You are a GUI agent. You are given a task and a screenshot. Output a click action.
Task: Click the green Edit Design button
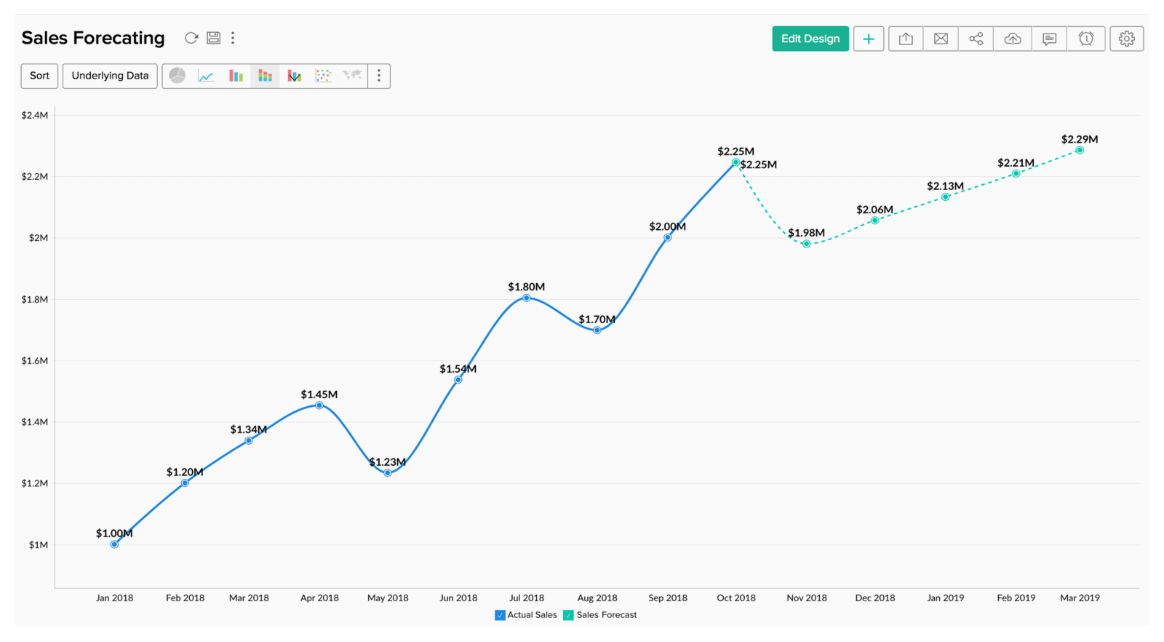[x=810, y=39]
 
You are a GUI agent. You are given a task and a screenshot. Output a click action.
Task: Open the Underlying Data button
[x=110, y=76]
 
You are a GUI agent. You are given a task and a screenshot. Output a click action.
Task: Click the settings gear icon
[x=1126, y=39]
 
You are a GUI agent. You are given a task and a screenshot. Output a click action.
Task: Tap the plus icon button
[x=869, y=39]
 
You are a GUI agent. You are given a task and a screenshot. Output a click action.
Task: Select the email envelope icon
[x=941, y=39]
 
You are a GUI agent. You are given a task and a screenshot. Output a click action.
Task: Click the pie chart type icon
[x=178, y=76]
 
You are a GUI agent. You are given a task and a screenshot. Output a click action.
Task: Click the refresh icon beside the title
[x=191, y=38]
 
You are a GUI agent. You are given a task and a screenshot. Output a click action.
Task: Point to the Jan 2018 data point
[x=114, y=544]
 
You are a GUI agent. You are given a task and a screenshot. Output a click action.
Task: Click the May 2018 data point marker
[x=388, y=473]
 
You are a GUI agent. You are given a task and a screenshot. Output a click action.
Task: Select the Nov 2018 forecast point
[x=806, y=244]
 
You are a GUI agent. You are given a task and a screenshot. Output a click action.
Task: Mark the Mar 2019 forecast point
[x=1080, y=150]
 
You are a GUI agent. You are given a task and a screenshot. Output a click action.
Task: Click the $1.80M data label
[x=526, y=287]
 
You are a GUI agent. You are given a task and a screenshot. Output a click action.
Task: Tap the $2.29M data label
[x=1080, y=139]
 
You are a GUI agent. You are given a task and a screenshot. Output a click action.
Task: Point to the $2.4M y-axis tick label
[x=35, y=115]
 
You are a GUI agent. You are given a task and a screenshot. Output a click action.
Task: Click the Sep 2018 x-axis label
[x=668, y=598]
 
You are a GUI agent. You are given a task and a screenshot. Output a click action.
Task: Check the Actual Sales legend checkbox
[x=500, y=615]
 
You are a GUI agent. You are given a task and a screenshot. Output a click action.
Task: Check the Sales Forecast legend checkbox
[x=568, y=615]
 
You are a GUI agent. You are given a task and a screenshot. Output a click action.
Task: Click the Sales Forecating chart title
[x=93, y=38]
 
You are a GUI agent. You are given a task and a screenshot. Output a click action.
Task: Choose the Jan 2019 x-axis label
[x=945, y=598]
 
